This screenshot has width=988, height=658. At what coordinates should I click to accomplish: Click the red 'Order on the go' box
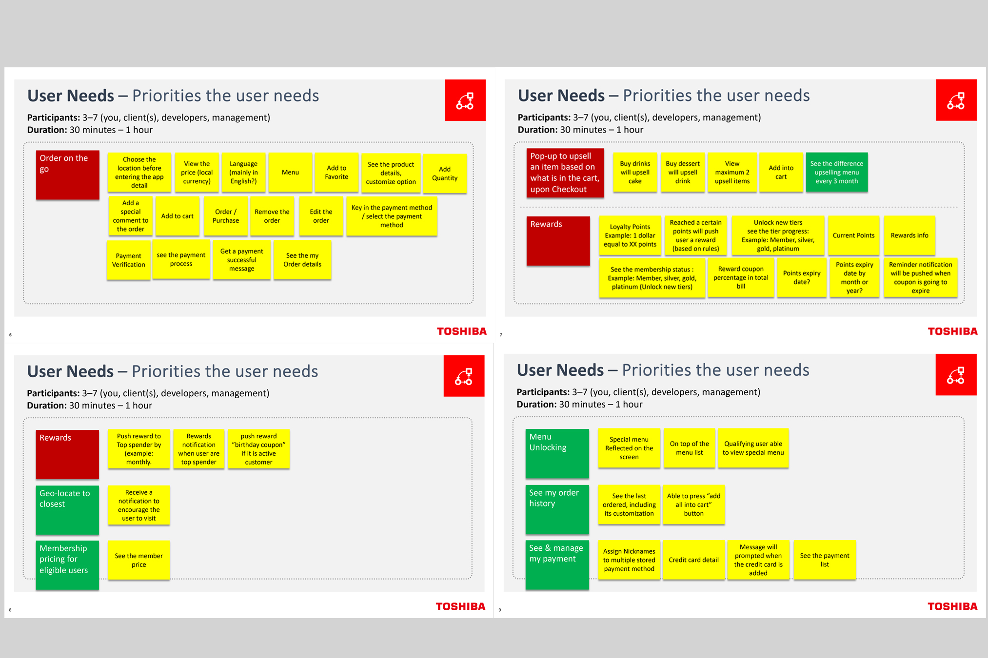tap(67, 174)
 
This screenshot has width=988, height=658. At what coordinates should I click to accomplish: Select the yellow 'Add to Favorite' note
tap(336, 173)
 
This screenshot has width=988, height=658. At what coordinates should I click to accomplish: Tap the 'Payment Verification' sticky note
tap(129, 260)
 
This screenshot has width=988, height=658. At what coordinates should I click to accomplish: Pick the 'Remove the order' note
tap(272, 216)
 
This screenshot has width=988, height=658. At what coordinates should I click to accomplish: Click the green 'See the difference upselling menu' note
tap(837, 172)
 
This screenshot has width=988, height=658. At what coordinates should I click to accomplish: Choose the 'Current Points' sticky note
tap(853, 235)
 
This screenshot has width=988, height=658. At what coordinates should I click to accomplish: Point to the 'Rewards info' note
tap(909, 235)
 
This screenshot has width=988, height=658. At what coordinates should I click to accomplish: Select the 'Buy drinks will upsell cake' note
tap(635, 172)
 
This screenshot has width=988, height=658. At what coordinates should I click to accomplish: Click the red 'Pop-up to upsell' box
tap(565, 173)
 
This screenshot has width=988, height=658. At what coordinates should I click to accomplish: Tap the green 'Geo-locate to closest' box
tap(67, 510)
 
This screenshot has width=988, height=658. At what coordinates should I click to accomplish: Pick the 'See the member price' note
tap(139, 560)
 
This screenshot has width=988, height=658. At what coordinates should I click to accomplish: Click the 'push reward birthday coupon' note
tap(258, 449)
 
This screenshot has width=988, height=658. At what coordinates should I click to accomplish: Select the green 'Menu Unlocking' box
tap(557, 453)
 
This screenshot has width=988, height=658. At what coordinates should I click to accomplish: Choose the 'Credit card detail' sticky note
tap(694, 560)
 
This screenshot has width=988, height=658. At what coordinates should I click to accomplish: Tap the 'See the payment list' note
tap(825, 560)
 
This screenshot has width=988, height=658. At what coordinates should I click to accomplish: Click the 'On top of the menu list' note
tap(690, 448)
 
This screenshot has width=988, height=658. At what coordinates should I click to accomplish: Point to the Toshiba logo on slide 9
tap(952, 606)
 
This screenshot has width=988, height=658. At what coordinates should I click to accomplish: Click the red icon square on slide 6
tap(465, 100)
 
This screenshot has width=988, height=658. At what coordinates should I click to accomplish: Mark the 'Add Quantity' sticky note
tap(445, 174)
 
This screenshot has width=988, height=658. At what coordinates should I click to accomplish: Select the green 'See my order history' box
tap(557, 509)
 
